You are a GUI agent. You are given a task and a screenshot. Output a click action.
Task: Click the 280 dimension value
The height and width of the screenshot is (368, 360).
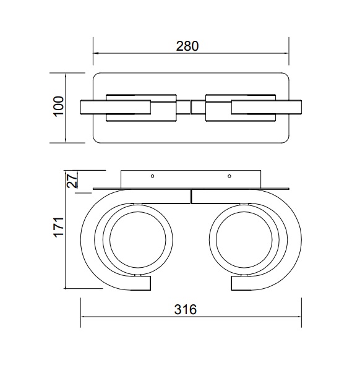(x=187, y=46)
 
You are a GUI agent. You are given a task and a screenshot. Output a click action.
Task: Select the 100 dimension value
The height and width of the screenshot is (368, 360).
(x=59, y=106)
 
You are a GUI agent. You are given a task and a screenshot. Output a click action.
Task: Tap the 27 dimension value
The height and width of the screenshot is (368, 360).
(x=72, y=180)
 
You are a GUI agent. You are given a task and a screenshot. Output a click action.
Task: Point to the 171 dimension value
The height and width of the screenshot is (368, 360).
(x=59, y=228)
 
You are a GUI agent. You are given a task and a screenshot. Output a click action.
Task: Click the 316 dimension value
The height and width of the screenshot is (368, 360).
(x=186, y=310)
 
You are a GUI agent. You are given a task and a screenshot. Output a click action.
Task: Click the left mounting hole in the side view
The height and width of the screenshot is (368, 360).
(x=153, y=176)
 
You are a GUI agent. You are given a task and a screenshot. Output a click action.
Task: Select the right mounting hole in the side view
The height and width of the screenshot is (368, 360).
(x=229, y=176)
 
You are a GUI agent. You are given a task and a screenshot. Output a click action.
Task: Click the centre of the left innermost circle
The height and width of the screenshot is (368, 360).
(x=138, y=240)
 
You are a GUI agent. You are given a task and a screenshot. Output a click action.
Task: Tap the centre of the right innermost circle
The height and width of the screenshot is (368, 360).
(x=244, y=240)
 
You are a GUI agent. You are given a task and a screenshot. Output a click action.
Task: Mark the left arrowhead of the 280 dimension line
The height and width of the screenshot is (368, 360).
(x=95, y=53)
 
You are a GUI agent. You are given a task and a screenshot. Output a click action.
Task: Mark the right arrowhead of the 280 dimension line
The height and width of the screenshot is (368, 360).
(x=286, y=53)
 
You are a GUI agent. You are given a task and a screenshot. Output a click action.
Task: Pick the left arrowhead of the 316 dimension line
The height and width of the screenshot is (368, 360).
(x=84, y=317)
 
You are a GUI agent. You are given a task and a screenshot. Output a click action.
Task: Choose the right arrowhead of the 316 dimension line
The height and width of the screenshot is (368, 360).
(x=299, y=317)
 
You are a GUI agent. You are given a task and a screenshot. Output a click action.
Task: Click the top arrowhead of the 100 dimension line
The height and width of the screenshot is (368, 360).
(x=66, y=75)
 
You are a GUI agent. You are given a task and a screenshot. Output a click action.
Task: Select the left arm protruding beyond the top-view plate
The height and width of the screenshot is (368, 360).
(x=87, y=107)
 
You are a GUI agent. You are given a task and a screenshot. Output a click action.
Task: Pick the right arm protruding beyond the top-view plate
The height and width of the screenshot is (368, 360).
(x=295, y=107)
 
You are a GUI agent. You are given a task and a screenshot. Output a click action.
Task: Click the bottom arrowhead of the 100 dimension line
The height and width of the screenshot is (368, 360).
(x=66, y=140)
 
